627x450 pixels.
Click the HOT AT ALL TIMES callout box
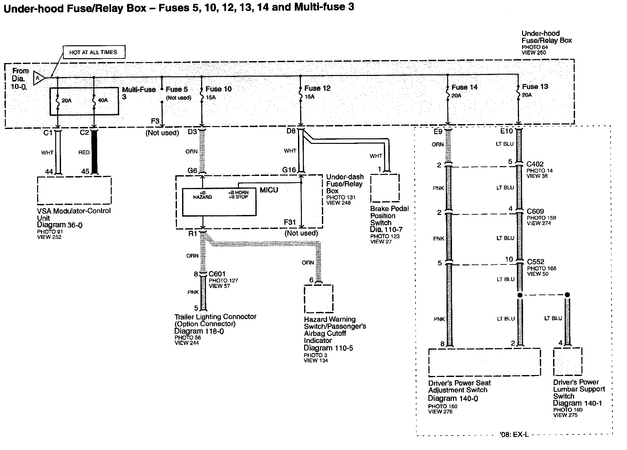(x=93, y=52)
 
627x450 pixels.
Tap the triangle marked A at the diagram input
(x=38, y=78)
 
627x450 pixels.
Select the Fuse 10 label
(x=219, y=89)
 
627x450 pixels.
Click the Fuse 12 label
(x=317, y=88)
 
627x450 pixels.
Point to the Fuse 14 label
(x=464, y=87)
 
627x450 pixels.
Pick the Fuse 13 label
(x=535, y=86)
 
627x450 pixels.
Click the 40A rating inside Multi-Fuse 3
(x=103, y=101)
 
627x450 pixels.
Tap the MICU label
(x=269, y=190)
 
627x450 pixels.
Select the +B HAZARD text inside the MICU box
(x=202, y=195)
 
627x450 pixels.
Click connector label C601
(x=217, y=274)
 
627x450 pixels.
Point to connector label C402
(x=535, y=164)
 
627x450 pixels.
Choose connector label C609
(x=535, y=211)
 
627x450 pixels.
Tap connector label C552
(x=536, y=262)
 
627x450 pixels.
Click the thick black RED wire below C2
(x=94, y=152)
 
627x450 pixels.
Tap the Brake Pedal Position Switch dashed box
(x=385, y=188)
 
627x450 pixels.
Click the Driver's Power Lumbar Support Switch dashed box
(x=568, y=361)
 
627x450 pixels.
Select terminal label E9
(x=438, y=132)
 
